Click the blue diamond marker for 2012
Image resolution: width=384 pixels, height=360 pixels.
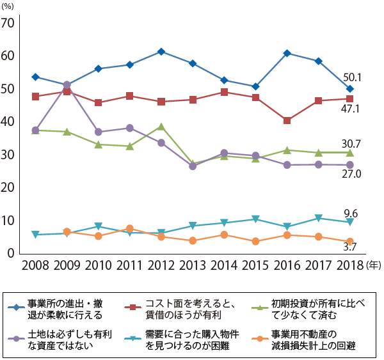tap(161, 51)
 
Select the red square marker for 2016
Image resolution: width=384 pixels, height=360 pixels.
tap(287, 120)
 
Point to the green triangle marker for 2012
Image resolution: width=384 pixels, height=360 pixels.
tap(161, 127)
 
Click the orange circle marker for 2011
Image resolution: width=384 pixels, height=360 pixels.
tap(130, 228)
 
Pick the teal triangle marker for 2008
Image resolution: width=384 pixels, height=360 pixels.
tap(35, 235)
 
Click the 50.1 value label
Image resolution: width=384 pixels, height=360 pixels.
tap(353, 77)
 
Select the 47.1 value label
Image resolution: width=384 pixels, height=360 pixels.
tap(353, 109)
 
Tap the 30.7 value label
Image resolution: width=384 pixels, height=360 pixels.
tap(353, 143)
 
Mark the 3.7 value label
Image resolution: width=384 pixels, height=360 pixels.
tap(351, 246)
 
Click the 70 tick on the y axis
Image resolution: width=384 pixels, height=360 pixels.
tap(8, 24)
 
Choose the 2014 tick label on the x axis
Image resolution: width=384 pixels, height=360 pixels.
tap(224, 263)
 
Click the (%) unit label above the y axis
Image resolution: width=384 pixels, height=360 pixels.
tap(10, 6)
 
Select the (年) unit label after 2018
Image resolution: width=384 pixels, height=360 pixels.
tap(372, 263)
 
